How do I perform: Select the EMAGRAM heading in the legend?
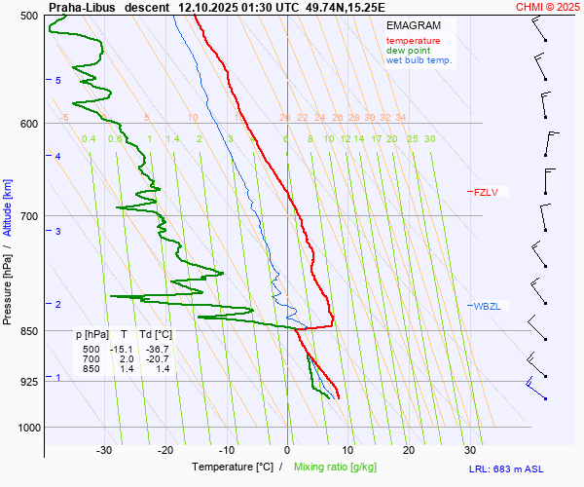coord(413,25)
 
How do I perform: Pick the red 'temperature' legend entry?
coord(413,41)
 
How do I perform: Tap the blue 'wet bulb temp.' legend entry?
coord(420,60)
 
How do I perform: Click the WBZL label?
coord(487,306)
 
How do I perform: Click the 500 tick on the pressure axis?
coord(28,17)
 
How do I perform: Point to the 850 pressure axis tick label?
coord(28,332)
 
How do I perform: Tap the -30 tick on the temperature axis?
coord(104,450)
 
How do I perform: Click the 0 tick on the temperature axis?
coord(287,450)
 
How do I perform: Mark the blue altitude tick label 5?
coord(58,80)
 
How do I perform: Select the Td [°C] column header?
coord(154,335)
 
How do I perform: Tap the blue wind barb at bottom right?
coord(534,389)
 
